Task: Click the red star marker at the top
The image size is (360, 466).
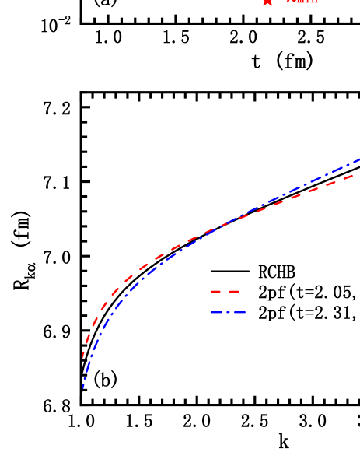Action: point(267,2)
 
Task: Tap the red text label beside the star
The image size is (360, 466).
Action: point(302,2)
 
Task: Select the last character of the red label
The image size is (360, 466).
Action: point(316,2)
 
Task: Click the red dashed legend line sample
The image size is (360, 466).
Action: point(225,293)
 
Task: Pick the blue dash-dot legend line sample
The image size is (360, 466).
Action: point(227,312)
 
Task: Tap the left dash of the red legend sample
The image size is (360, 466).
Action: point(215,293)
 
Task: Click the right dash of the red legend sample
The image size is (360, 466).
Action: point(233,293)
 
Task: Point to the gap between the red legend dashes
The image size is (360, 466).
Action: point(225,293)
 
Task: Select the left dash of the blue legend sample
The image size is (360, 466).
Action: point(217,312)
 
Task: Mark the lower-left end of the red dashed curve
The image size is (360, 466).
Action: point(83,358)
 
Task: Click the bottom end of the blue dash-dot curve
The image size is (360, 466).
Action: point(83,391)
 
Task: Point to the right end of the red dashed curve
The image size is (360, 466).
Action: point(354,175)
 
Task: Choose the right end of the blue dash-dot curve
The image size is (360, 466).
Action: point(358,159)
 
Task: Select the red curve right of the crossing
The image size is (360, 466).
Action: point(295,197)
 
